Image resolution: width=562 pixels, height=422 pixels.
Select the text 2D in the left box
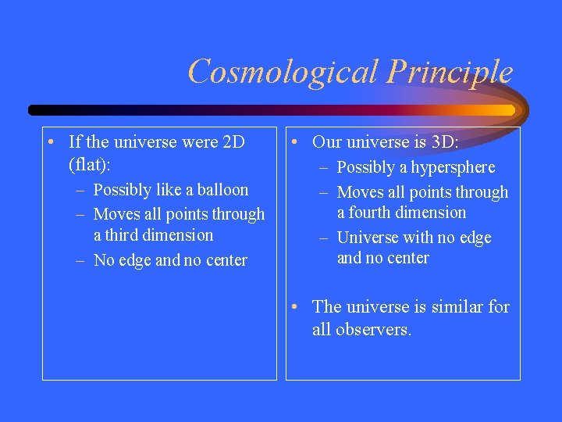(x=233, y=142)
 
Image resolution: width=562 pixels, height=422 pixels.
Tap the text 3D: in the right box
(x=444, y=142)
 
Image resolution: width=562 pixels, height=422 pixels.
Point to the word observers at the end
(x=372, y=330)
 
